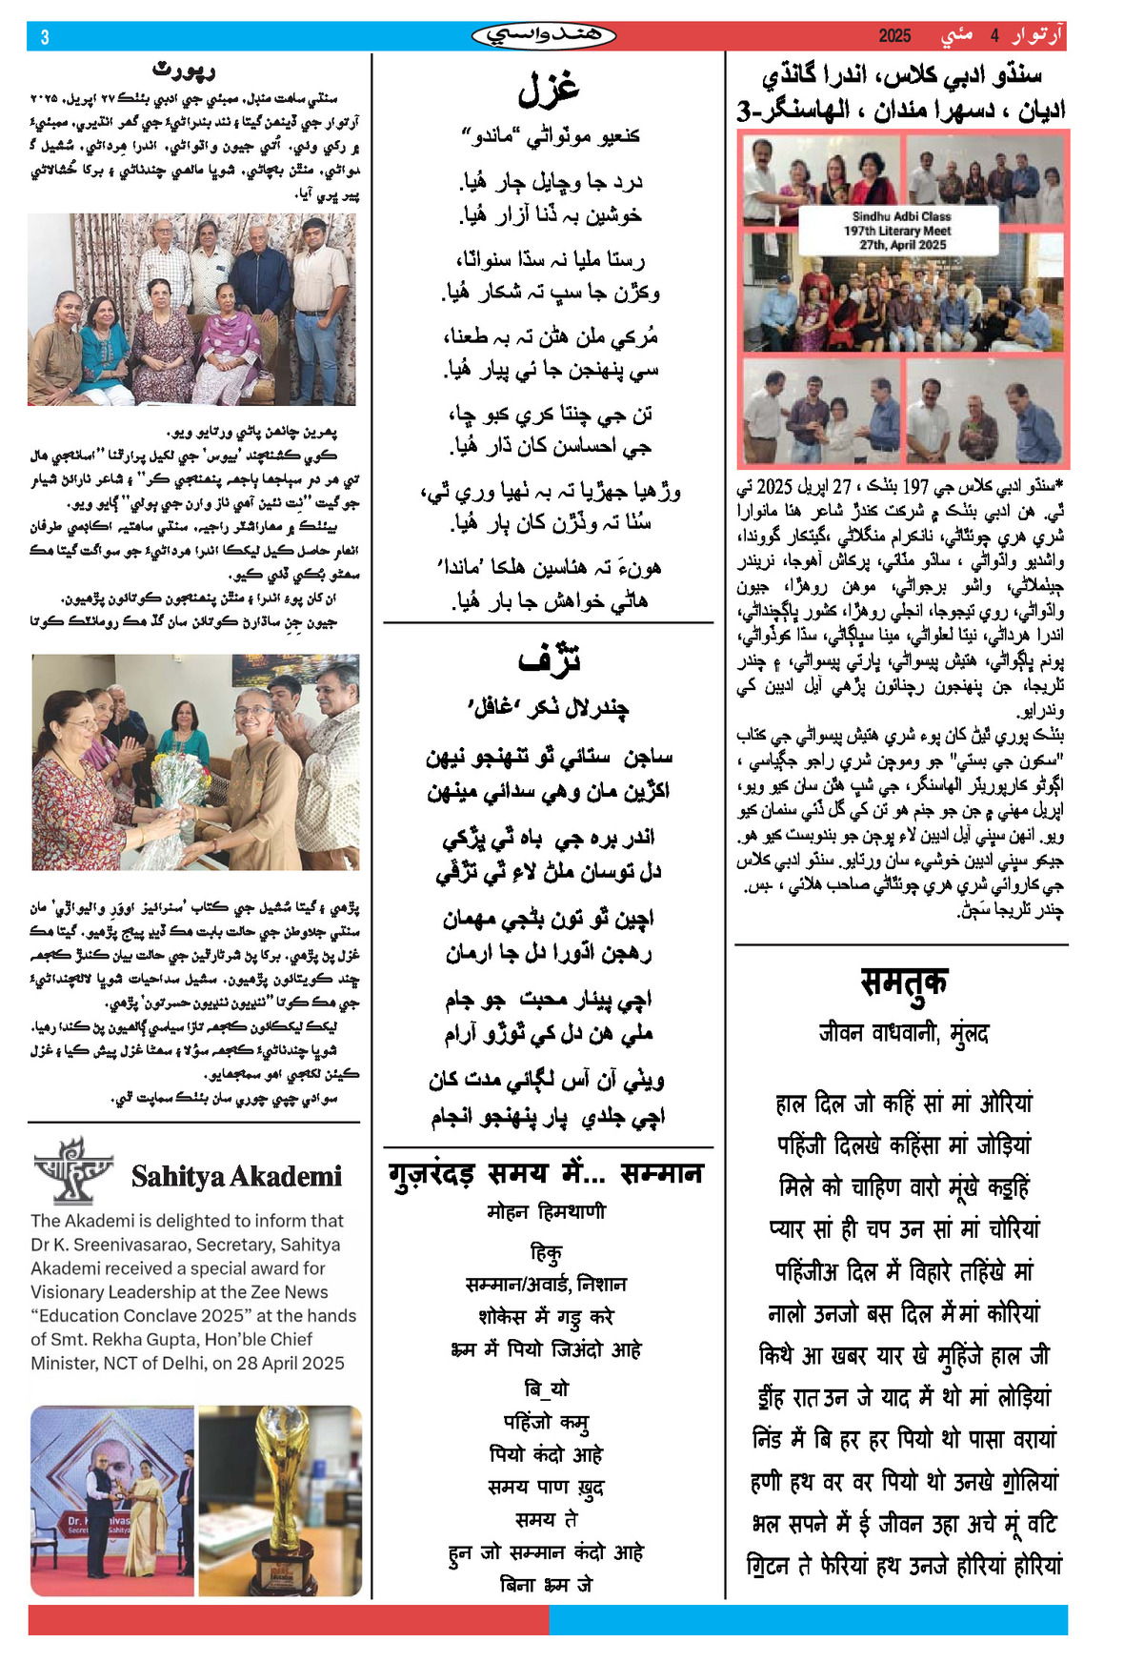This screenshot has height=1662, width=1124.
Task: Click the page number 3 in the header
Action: (44, 37)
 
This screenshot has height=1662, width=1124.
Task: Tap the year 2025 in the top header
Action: (894, 36)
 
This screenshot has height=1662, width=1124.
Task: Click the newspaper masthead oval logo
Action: (544, 36)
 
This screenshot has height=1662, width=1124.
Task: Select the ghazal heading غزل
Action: (548, 89)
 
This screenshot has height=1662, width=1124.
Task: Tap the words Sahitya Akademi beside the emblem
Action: (236, 1177)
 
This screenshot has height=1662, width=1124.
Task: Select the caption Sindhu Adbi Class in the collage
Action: (901, 216)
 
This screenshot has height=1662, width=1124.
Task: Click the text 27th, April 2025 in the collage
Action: (902, 245)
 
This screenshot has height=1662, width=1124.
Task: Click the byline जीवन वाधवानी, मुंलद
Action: (903, 1034)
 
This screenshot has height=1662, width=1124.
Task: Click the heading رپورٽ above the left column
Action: (185, 70)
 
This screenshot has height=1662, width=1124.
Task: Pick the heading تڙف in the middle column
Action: (548, 659)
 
